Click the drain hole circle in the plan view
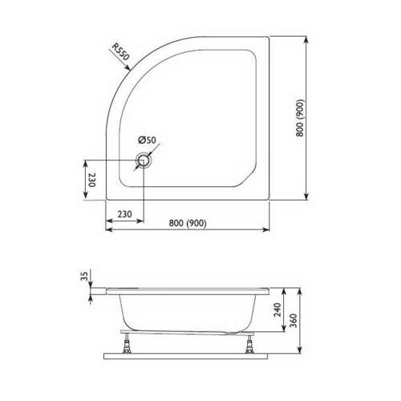pos(144,161)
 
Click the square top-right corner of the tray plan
pos(269,37)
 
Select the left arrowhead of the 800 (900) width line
pos(111,231)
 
